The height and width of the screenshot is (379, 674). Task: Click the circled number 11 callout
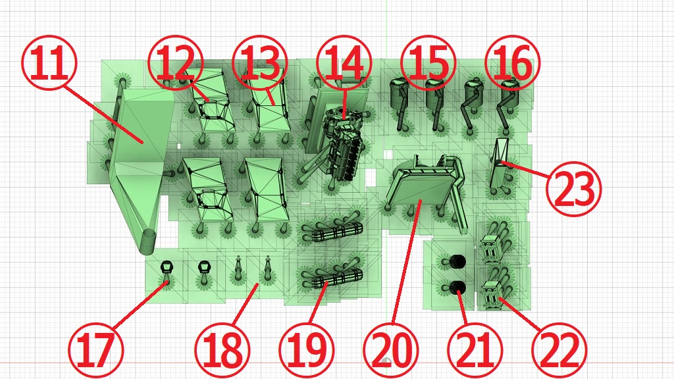click(x=49, y=63)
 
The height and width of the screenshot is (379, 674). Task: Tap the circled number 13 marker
click(x=259, y=63)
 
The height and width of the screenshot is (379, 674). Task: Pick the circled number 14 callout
click(x=344, y=63)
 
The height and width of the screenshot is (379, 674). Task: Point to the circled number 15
click(x=428, y=63)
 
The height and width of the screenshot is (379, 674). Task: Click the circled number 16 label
click(x=512, y=63)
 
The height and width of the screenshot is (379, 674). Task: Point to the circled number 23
click(x=574, y=189)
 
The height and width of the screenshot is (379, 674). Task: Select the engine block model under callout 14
click(x=344, y=142)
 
